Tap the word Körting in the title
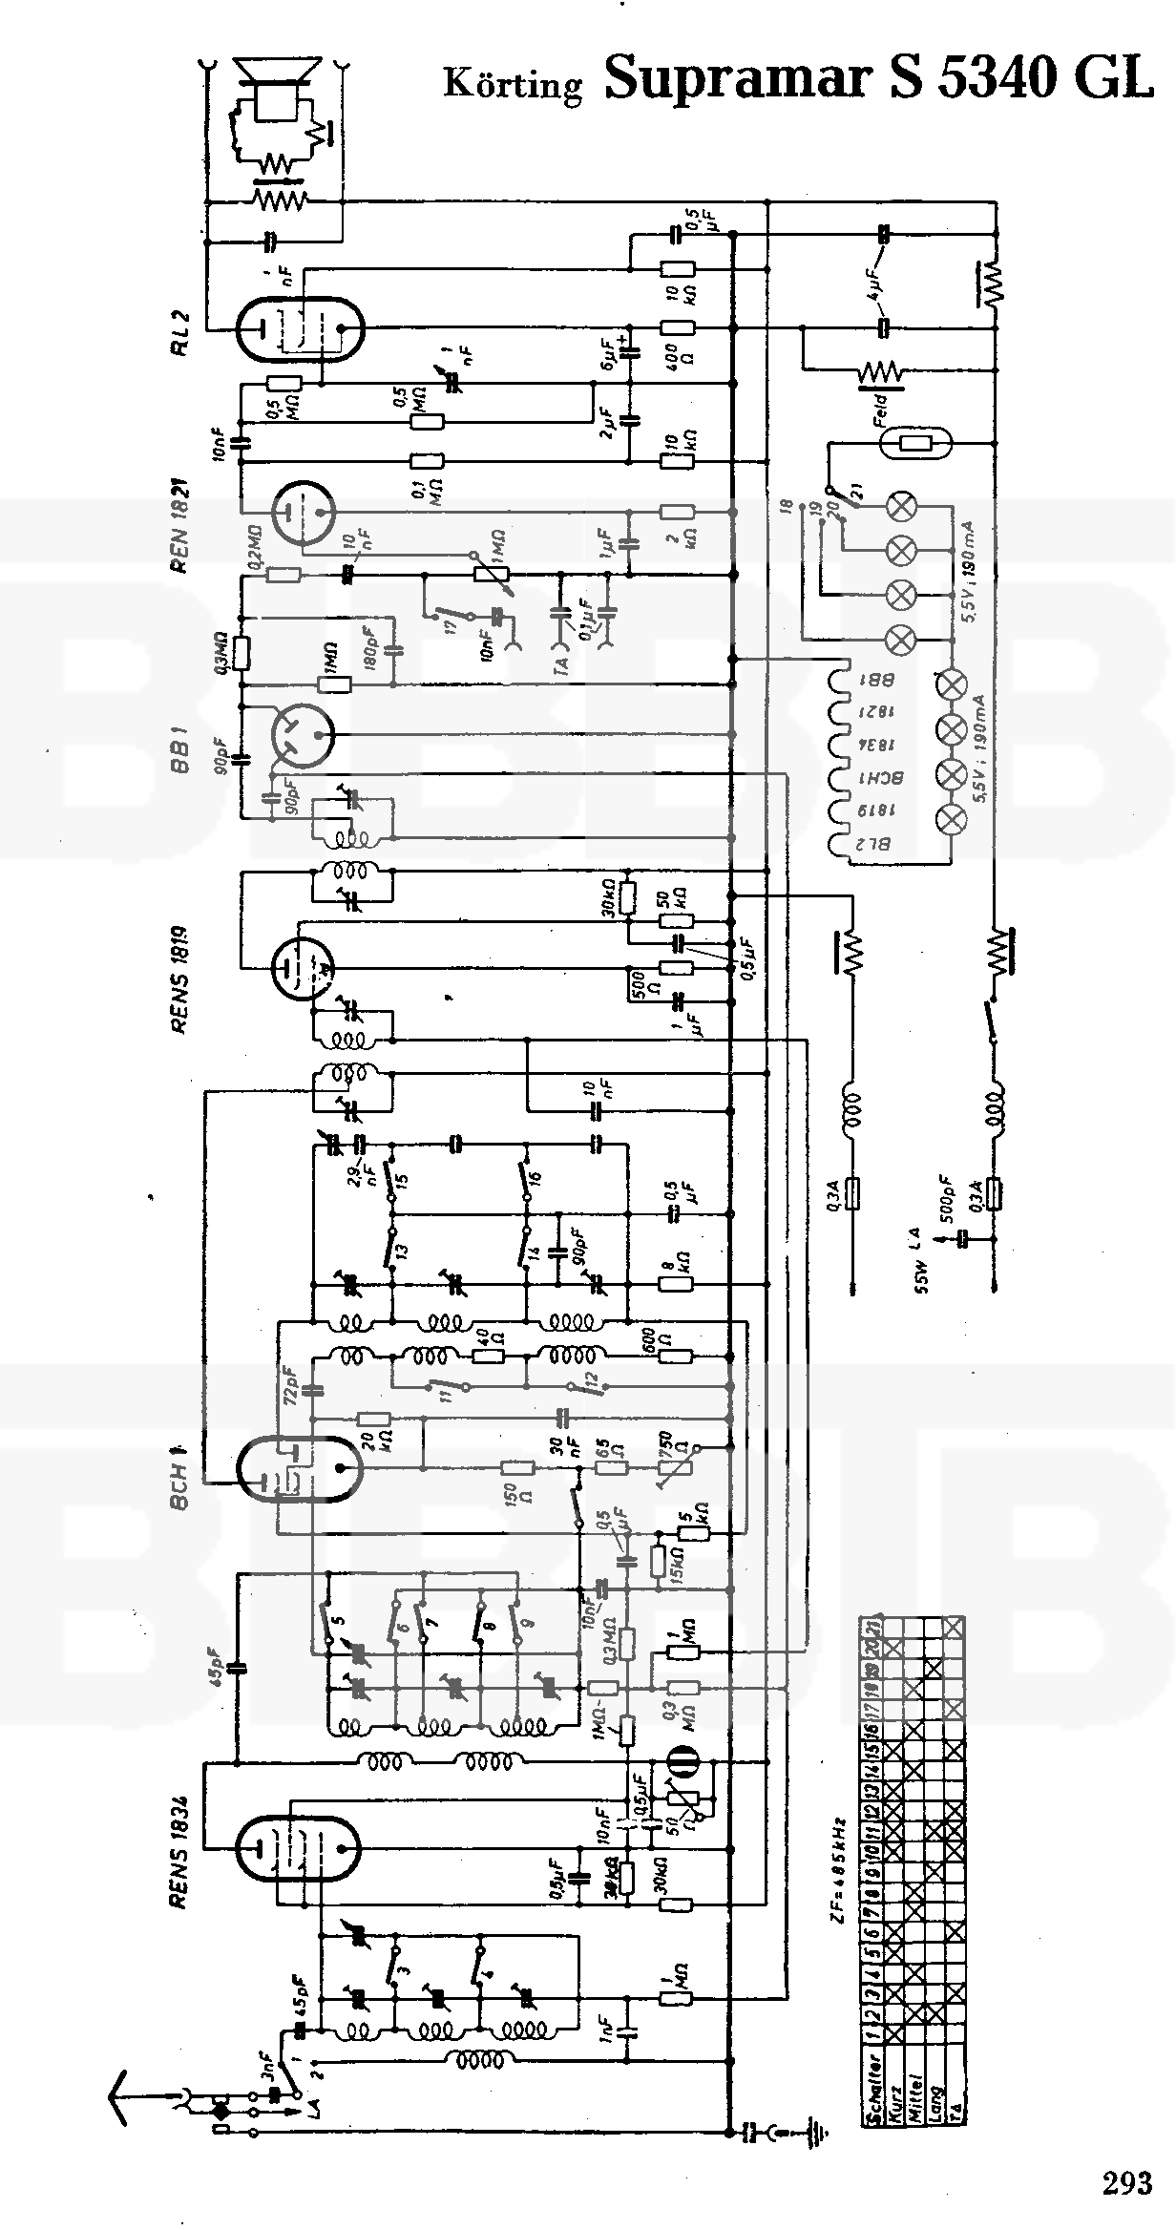[513, 84]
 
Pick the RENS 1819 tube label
[181, 978]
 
